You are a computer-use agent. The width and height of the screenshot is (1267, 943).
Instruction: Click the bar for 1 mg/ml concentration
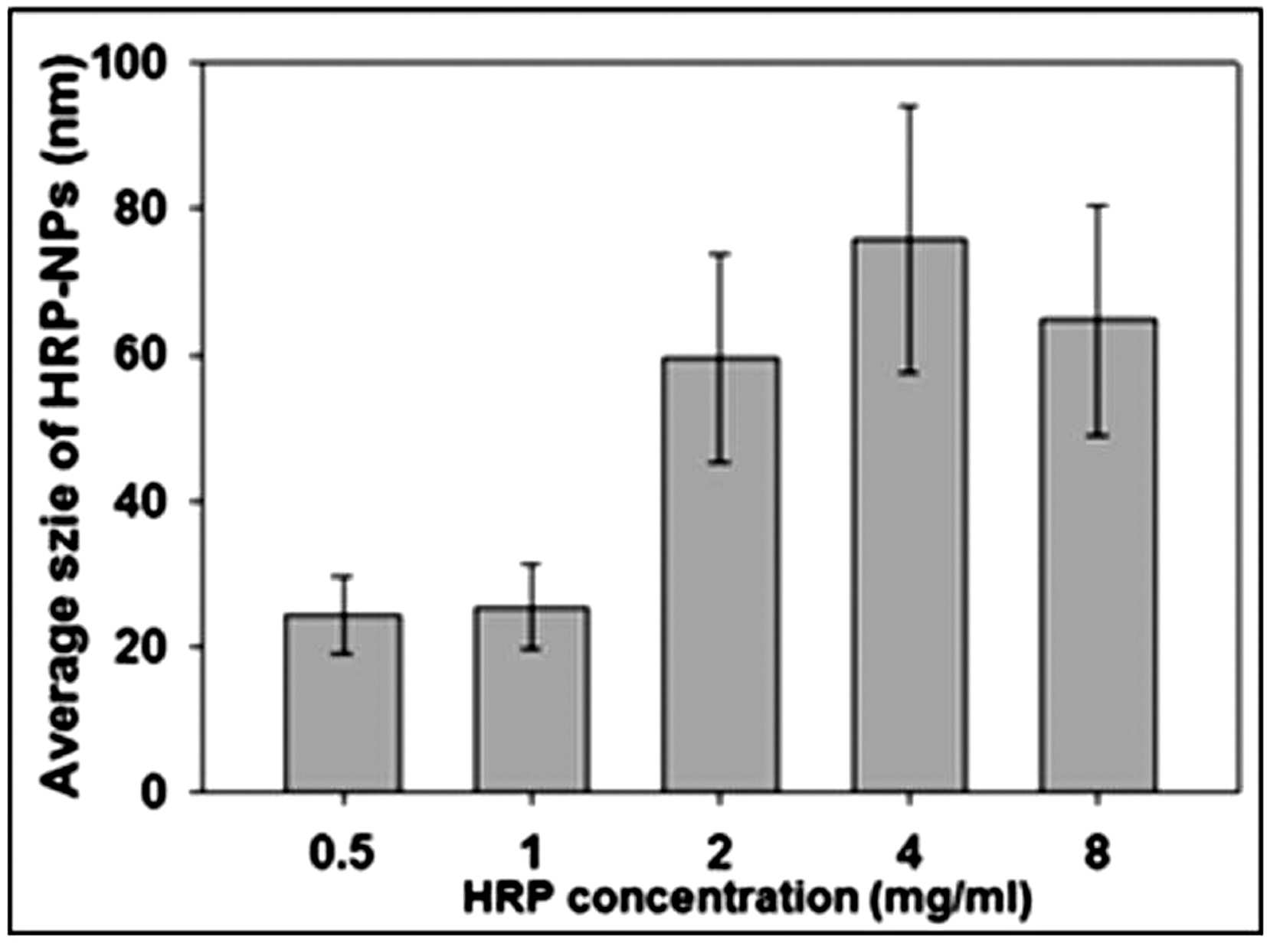(x=532, y=699)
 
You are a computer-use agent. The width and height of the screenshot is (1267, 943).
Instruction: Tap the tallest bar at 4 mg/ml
(x=909, y=514)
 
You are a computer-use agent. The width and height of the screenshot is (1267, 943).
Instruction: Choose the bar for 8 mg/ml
(x=1097, y=555)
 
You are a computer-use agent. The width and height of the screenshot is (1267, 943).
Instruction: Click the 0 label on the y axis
(x=170, y=791)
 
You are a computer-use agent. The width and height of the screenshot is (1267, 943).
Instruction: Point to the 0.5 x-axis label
(x=342, y=854)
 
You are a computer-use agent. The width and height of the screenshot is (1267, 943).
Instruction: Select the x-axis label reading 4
(x=909, y=854)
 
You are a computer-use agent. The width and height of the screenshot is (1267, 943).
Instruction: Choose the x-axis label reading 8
(x=1098, y=854)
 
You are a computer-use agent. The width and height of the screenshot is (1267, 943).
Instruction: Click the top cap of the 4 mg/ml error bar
(x=909, y=106)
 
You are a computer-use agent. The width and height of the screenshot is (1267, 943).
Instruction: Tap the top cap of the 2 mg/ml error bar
(x=720, y=253)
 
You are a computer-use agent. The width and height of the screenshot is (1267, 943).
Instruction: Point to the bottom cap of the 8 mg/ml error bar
(x=1097, y=436)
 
